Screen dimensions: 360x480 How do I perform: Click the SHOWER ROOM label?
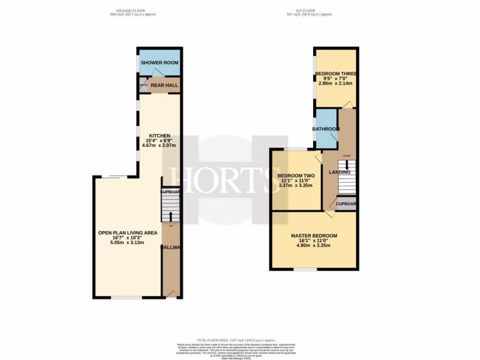click(x=159, y=62)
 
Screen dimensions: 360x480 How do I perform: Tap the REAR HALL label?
click(x=164, y=85)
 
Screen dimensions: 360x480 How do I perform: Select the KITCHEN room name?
click(x=159, y=135)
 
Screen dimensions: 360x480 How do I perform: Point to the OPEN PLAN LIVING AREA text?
click(x=127, y=232)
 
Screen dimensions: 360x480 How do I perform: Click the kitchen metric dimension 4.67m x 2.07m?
click(x=159, y=145)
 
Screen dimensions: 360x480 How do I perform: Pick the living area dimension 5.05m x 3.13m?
click(x=127, y=242)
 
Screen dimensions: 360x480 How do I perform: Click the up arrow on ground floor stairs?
click(x=170, y=216)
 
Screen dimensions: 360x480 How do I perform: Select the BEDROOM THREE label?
click(x=336, y=74)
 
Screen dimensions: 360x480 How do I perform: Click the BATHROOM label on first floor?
click(x=326, y=129)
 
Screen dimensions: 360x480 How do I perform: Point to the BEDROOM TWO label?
click(x=296, y=176)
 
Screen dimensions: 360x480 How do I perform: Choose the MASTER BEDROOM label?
click(x=314, y=236)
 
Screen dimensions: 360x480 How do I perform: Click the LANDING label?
click(x=339, y=172)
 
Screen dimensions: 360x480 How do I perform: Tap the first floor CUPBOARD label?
click(x=347, y=204)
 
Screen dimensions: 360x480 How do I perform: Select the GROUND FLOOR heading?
click(x=131, y=10)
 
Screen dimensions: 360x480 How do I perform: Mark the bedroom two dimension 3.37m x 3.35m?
click(x=296, y=185)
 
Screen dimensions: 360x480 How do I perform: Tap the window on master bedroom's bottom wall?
click(x=305, y=270)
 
